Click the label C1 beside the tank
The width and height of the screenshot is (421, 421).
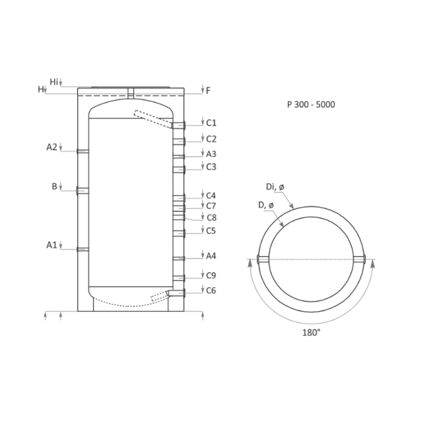pos(212,123)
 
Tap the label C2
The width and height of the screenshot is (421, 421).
pos(212,139)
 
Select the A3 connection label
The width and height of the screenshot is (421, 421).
pos(212,154)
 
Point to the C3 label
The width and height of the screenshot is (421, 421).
pos(212,167)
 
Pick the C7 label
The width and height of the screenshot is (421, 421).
pos(212,206)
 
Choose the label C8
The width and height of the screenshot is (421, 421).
pos(212,217)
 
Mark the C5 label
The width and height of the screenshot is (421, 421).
pos(212,231)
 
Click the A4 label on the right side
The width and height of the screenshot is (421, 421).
pos(212,256)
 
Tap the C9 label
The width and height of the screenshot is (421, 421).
pos(212,275)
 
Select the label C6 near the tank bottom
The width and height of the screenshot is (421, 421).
pos(212,290)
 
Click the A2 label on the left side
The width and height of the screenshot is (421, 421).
pos(52,147)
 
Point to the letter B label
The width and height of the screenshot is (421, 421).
pos(55,186)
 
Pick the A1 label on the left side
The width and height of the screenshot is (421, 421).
pos(52,245)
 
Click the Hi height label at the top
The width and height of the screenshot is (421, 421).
pos(54,82)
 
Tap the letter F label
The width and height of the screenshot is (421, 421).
pos(208,90)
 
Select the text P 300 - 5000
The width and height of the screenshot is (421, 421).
pos(310,104)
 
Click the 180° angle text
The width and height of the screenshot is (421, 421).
pos(311,332)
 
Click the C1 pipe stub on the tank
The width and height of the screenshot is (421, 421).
pos(178,125)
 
